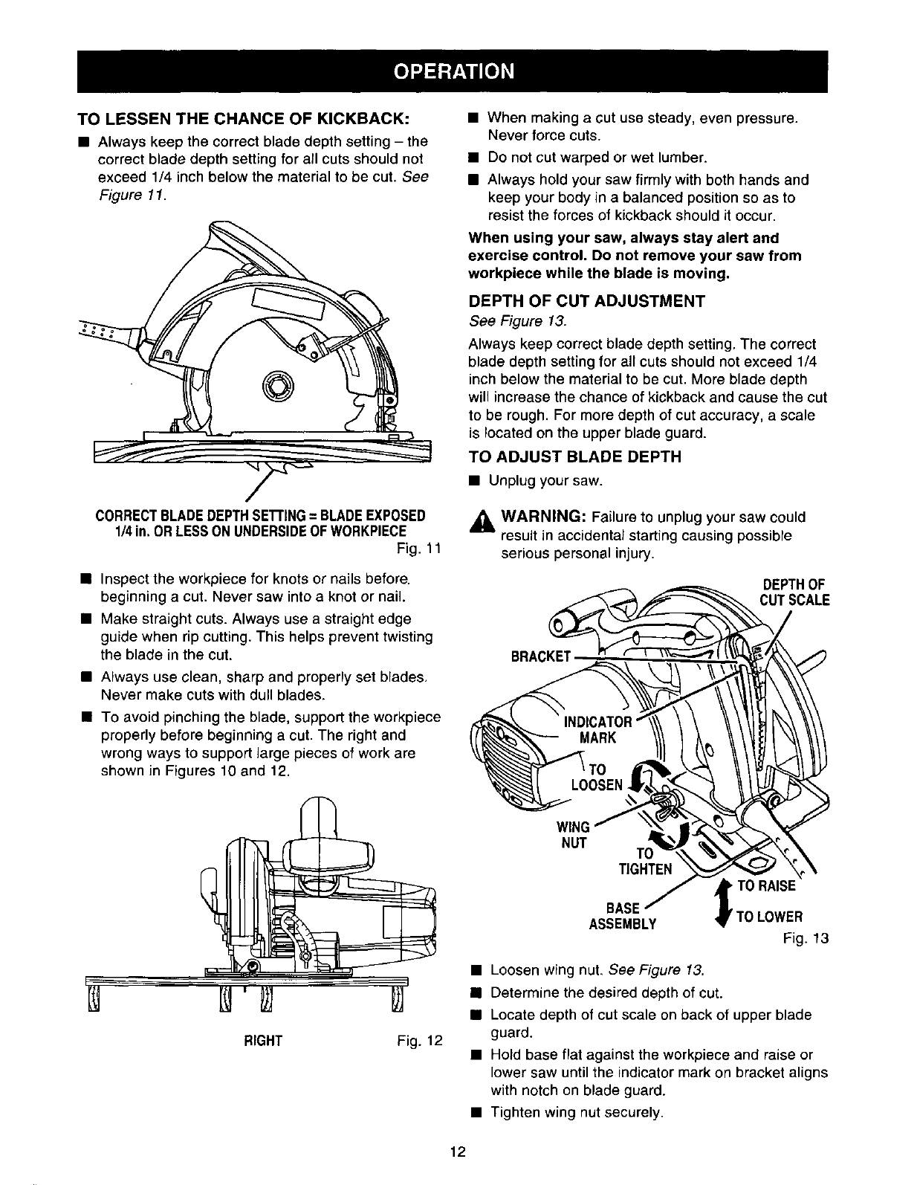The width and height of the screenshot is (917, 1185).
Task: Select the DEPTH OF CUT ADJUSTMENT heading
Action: click(586, 302)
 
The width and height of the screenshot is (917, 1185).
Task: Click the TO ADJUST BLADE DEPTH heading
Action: click(574, 456)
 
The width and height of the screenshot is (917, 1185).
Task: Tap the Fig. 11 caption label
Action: click(419, 550)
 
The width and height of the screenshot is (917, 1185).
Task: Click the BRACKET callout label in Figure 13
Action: click(541, 656)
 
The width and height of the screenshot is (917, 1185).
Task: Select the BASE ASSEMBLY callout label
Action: click(623, 916)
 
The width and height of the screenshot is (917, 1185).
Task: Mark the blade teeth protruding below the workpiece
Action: click(283, 467)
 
